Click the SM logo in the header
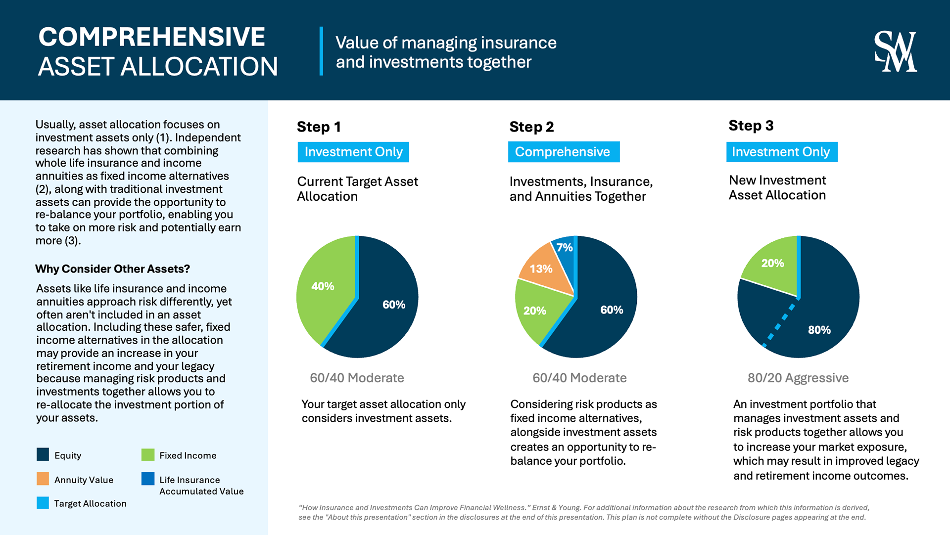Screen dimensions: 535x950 (895, 51)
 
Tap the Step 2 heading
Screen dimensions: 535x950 (531, 127)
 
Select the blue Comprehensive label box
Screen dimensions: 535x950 (564, 152)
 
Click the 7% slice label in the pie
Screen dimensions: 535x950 (564, 247)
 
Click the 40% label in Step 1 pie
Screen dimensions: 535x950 (323, 286)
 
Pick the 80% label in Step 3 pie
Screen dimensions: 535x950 (819, 330)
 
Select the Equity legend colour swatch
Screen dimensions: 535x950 (43, 454)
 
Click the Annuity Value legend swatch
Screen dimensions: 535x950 (43, 479)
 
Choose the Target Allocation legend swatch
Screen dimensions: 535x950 (43, 503)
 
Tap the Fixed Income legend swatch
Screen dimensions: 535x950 (148, 454)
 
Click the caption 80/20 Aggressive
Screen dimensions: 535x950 (798, 378)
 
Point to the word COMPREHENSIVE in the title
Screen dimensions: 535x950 (152, 37)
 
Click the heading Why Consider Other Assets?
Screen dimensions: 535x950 (112, 269)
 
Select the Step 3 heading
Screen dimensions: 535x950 (751, 126)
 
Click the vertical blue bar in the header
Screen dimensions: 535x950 (321, 51)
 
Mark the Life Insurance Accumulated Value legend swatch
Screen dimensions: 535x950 (148, 479)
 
